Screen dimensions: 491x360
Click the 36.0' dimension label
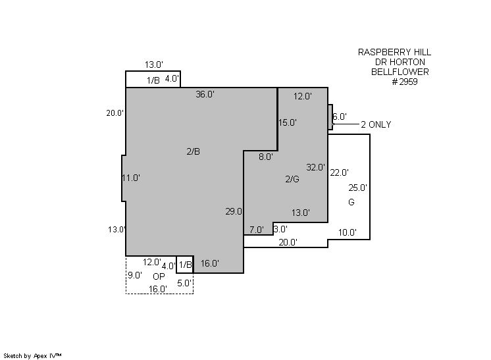205,94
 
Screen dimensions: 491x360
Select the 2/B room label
194,151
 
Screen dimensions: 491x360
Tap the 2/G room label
292,179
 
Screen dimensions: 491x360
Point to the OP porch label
159,276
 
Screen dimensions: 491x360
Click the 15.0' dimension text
288,122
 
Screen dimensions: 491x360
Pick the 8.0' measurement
266,157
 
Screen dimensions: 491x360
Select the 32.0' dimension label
316,167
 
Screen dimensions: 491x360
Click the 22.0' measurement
340,173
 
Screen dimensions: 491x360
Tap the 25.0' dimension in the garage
357,188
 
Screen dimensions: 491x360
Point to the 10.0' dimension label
348,232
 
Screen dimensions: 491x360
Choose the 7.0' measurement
257,230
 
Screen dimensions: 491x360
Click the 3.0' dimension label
280,229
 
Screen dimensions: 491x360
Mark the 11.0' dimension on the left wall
131,178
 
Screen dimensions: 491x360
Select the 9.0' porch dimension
135,276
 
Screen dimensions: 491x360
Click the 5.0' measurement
184,283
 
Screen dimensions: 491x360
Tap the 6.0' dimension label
340,116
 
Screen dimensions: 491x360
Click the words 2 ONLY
376,124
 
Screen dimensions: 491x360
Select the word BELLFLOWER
400,72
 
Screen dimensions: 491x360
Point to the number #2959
405,82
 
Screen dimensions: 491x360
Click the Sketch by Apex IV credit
32,356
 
